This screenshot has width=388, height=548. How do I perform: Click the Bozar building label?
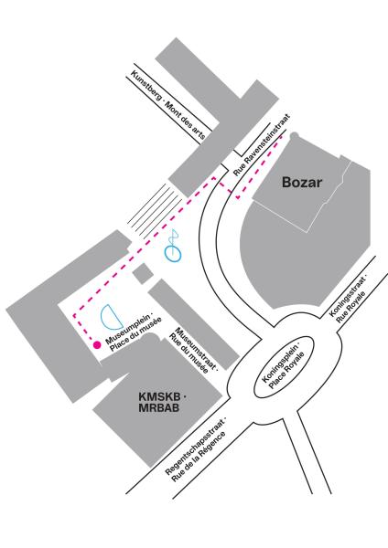(301, 182)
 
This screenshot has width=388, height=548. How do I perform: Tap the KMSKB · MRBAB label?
(162, 402)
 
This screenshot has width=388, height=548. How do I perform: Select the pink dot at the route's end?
(97, 345)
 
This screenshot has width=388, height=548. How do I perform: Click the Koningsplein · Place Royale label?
(284, 366)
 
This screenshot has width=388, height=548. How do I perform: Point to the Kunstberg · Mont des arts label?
(167, 105)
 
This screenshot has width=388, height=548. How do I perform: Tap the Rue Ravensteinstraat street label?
(262, 144)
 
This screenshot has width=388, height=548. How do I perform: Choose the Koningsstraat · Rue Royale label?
(348, 300)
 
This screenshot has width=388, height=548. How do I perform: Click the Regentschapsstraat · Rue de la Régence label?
(196, 449)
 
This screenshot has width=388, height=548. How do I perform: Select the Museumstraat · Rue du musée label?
(193, 350)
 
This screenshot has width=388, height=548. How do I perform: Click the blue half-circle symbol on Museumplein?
(111, 317)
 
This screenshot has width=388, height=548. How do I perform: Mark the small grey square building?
(143, 273)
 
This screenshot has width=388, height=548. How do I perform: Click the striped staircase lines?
(155, 212)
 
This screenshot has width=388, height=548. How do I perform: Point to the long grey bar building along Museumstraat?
(194, 323)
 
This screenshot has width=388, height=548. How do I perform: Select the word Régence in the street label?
(213, 445)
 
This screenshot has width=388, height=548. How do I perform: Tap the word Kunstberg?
(145, 85)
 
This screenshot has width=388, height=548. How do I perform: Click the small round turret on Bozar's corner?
(294, 135)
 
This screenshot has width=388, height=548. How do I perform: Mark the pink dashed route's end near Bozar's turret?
(281, 137)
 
